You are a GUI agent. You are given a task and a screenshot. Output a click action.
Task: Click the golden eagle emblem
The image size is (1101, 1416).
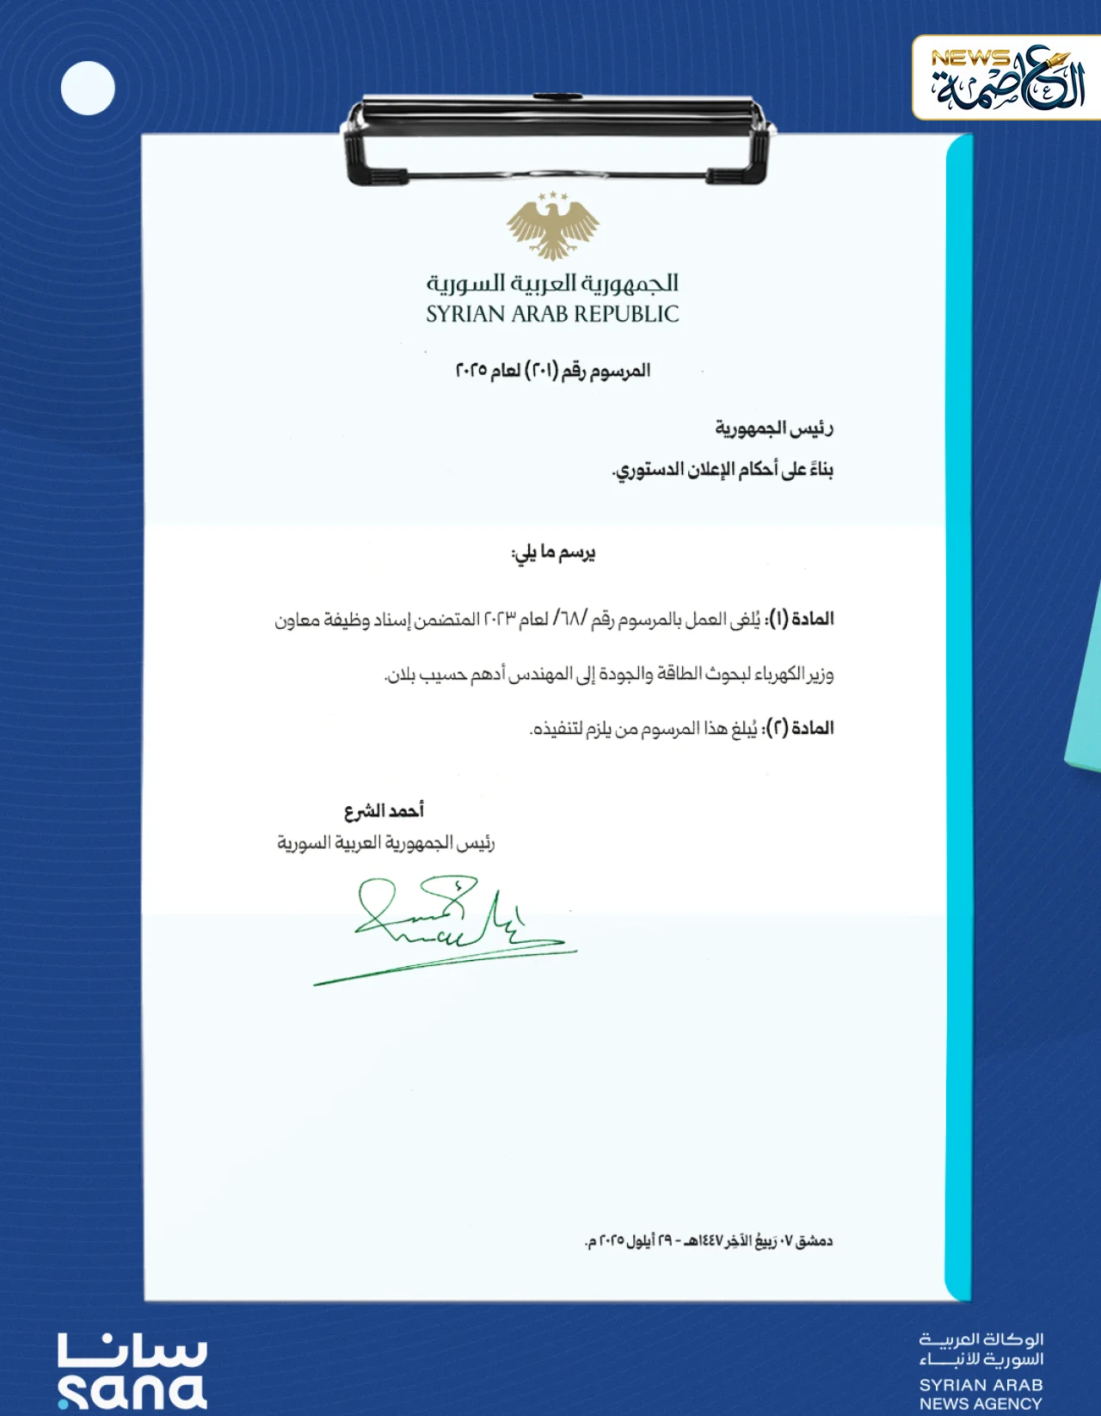552,225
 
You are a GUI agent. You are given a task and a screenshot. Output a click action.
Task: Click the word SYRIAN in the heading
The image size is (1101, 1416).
465,315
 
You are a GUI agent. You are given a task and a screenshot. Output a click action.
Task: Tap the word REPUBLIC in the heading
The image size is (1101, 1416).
626,315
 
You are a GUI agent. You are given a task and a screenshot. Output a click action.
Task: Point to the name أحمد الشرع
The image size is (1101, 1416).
384,811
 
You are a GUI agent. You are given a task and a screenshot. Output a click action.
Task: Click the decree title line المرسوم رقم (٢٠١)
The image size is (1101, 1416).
552,372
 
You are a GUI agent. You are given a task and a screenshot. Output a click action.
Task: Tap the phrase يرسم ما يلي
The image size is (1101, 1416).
553,553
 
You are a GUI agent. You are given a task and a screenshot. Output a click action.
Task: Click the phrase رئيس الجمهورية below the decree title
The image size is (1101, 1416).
773,428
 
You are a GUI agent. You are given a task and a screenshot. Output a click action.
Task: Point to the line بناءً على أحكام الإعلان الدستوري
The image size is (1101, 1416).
723,471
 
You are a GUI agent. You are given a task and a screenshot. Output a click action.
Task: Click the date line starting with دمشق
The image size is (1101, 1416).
709,1241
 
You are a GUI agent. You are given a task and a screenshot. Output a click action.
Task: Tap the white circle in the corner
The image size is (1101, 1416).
88,89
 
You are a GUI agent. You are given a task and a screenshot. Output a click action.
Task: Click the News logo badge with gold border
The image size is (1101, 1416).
1006,78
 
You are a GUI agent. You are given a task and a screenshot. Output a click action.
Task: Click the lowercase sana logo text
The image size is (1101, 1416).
133,1392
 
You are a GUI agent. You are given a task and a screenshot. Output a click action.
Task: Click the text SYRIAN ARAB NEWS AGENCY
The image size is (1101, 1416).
981,1394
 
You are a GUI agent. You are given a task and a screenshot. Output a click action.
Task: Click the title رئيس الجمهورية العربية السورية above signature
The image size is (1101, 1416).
385,843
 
